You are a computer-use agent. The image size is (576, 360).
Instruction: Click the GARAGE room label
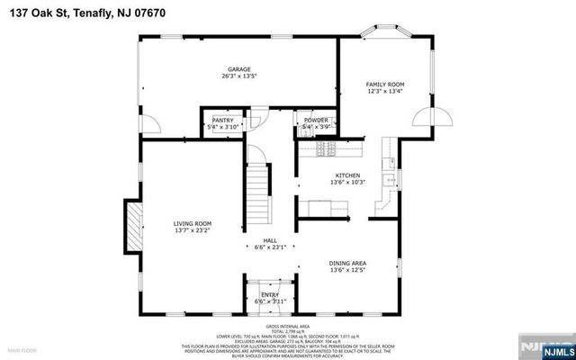point(238,69)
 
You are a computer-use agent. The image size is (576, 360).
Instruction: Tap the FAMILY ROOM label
point(384,83)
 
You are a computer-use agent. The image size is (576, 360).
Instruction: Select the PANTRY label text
point(222,120)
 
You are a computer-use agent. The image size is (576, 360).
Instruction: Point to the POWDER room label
point(315,120)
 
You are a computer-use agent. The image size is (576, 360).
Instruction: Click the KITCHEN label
point(347,175)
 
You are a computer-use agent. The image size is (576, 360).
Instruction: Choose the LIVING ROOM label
point(192,223)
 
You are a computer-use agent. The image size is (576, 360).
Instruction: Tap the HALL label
point(269,240)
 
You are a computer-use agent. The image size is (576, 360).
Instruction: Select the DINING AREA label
point(347,263)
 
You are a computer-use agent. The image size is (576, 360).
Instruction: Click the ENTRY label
point(270,294)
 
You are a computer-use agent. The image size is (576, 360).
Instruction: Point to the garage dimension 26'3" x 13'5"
point(238,76)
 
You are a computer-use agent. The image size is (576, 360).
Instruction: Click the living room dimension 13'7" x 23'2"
point(192,230)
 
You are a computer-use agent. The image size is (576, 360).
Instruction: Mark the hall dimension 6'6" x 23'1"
point(269,247)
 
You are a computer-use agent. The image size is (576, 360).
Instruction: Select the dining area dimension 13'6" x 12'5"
point(347,270)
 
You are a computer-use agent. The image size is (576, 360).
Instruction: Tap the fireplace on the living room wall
point(134,226)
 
